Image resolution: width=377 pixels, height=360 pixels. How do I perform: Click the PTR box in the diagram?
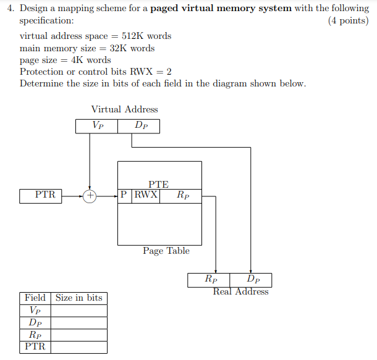coord(45,195)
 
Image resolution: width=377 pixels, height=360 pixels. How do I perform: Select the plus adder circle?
coord(90,196)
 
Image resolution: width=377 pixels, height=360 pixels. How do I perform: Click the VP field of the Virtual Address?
coord(97,125)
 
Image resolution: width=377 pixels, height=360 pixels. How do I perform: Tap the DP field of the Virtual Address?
coord(140,125)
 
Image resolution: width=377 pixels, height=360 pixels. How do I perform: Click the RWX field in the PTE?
coord(146,195)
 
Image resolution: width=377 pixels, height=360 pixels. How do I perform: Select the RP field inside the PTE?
coord(182,195)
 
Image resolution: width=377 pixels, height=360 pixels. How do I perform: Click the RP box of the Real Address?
coord(210,280)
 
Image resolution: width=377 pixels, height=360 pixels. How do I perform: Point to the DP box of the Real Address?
coord(252,280)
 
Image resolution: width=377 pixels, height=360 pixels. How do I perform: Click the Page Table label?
coord(166,251)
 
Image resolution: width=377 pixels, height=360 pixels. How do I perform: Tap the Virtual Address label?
coord(124,109)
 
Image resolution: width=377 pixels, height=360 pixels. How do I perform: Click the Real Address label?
coord(240,291)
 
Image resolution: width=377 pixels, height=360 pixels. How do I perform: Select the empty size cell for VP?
coord(78,310)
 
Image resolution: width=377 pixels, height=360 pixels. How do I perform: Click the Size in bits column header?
coord(78,298)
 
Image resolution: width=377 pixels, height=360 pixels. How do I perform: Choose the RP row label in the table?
coord(35,334)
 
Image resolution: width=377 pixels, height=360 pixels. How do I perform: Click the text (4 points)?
coord(348,20)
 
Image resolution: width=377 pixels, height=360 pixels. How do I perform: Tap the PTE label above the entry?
coord(158,184)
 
